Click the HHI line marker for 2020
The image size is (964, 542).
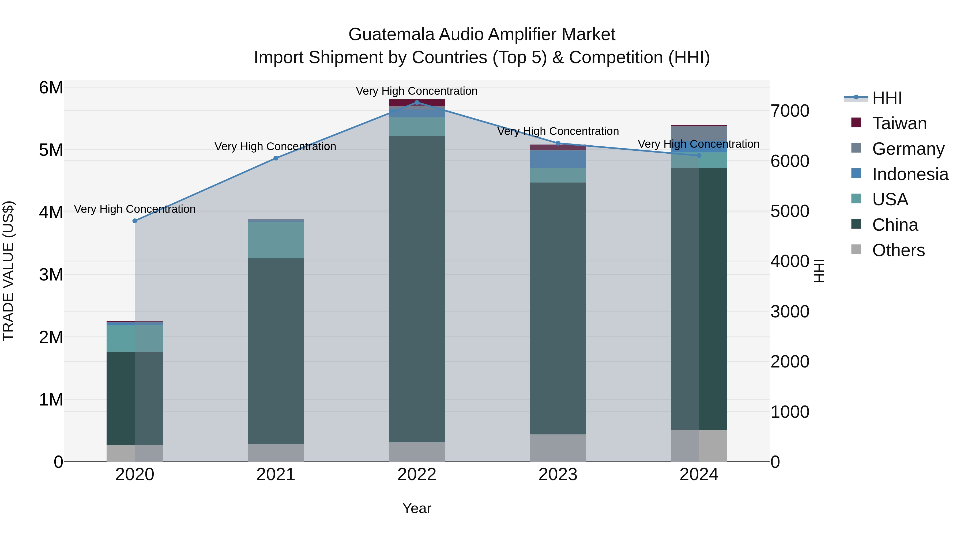coord(135,221)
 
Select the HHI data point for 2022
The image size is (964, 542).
coord(417,103)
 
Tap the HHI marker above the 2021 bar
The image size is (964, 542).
coord(276,158)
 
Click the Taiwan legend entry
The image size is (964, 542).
coord(899,123)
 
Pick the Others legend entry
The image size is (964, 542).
coord(898,250)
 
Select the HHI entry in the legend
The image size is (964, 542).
coord(887,98)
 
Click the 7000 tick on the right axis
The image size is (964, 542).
coord(790,111)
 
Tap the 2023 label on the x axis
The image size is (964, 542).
coord(558,475)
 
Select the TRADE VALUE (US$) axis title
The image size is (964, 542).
coord(8,271)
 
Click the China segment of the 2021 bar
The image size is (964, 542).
coord(276,352)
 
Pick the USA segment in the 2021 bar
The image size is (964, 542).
coord(276,240)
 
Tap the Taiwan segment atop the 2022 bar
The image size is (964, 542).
coord(417,103)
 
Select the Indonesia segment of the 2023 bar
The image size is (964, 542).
coord(558,159)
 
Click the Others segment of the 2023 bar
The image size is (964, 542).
coord(558,448)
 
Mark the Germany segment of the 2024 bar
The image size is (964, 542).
coord(699,133)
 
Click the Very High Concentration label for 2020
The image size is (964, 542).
coord(135,209)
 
